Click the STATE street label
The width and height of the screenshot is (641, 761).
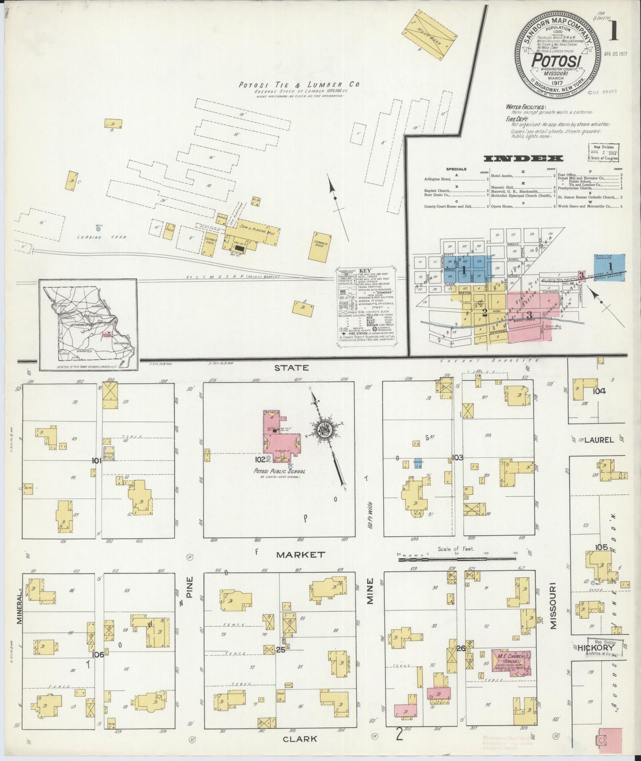click(291, 368)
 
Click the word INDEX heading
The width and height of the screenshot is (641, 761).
click(523, 159)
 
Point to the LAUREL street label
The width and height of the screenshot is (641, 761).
click(598, 440)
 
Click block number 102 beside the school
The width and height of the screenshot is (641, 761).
click(260, 459)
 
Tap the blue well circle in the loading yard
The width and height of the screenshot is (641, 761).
click(98, 229)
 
